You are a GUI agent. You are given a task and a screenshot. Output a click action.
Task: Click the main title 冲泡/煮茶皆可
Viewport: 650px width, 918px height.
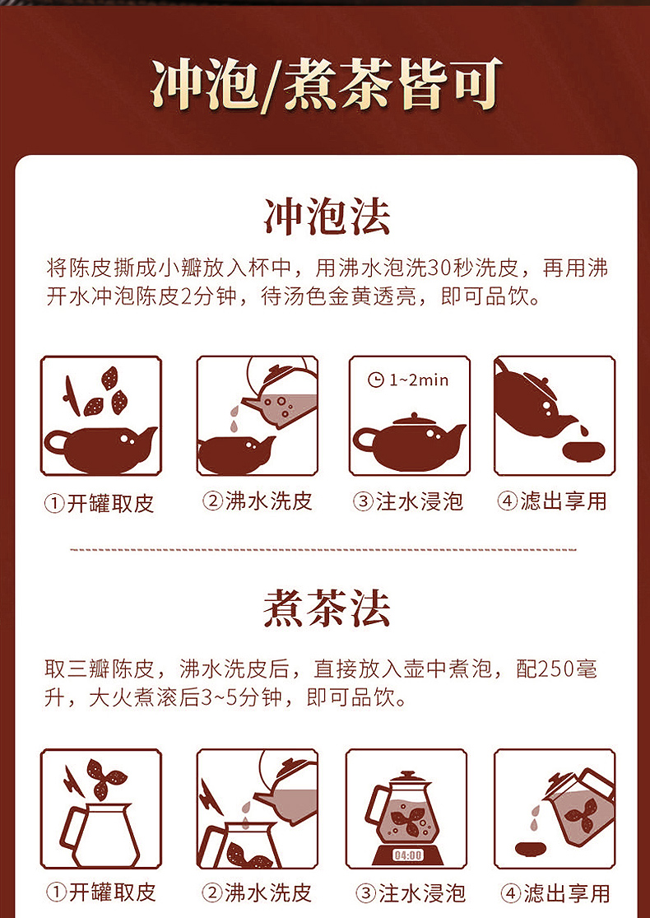click(326, 85)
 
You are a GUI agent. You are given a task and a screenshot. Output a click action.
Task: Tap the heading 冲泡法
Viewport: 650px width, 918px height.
click(326, 216)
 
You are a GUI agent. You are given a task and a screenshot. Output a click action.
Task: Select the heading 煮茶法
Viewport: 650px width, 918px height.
click(326, 609)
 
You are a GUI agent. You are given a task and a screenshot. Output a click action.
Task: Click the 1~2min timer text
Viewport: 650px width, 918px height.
click(419, 380)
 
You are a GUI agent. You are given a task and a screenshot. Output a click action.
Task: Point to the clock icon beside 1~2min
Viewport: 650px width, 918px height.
click(376, 380)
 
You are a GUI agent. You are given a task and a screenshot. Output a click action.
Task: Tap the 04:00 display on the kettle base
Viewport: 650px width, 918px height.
click(407, 855)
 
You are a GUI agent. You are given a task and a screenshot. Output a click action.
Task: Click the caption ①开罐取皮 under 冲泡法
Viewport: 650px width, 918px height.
click(100, 503)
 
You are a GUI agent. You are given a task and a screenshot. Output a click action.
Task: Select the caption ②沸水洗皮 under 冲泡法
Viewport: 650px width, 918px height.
click(258, 501)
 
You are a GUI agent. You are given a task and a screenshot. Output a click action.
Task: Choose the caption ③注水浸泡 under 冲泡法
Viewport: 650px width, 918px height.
click(408, 501)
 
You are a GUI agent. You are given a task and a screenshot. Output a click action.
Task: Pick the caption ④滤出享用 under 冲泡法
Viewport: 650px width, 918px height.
click(553, 501)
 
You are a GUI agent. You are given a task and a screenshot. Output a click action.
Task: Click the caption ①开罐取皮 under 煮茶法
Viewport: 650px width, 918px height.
click(100, 892)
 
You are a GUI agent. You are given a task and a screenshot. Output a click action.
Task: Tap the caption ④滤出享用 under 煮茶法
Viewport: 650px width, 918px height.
click(553, 892)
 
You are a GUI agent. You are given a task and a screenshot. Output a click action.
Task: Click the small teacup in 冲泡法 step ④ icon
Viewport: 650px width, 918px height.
click(583, 450)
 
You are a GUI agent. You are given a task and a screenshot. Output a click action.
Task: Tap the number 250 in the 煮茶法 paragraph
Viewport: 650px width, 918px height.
click(561, 669)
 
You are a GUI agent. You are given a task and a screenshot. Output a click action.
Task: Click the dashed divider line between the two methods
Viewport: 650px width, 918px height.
click(324, 549)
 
